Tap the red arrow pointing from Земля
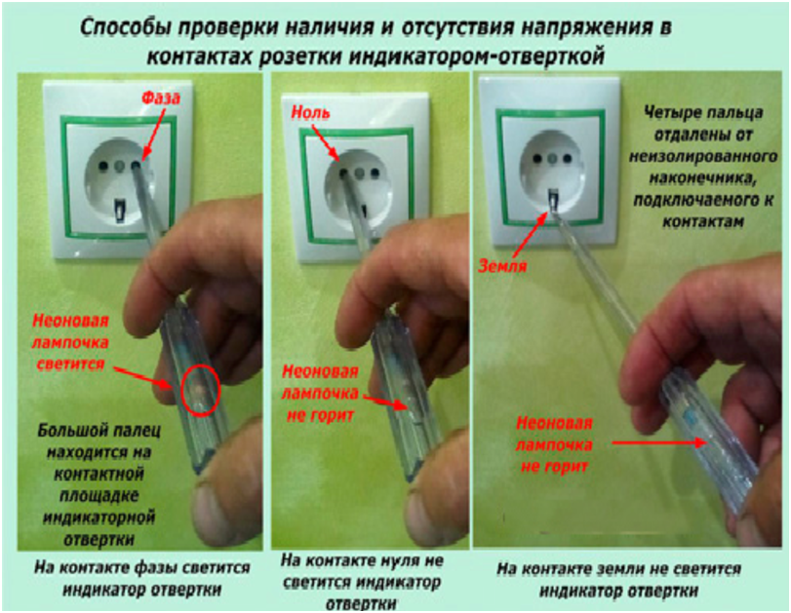point(532,234)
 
